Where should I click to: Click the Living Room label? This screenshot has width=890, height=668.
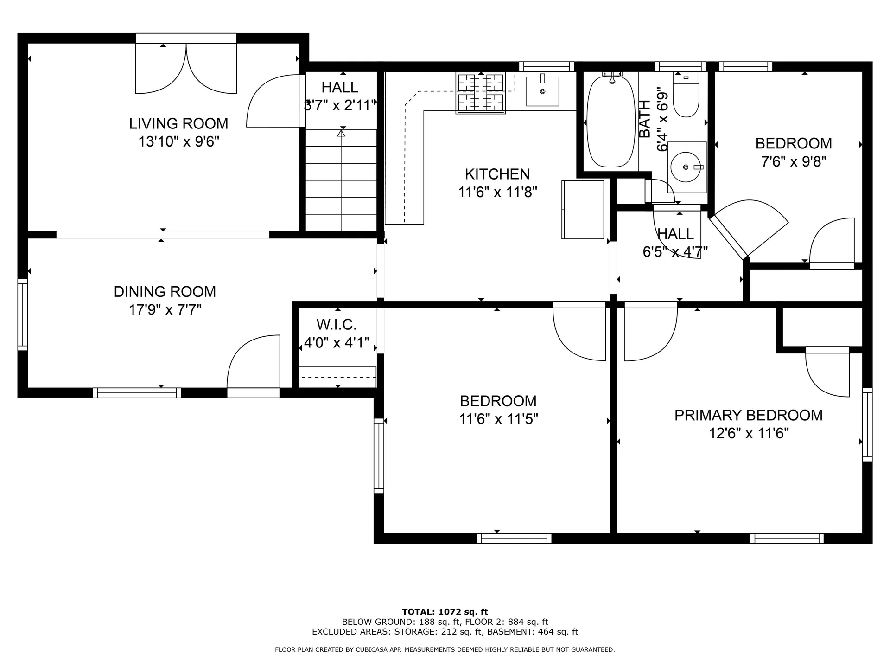(178, 124)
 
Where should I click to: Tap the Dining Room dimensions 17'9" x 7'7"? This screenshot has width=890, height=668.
(165, 309)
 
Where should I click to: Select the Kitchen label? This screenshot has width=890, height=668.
(497, 174)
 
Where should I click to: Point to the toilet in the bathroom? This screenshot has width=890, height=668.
(686, 95)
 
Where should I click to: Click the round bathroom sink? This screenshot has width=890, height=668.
(687, 167)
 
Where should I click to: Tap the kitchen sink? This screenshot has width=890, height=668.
(542, 91)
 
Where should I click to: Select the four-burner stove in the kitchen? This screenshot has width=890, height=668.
(481, 93)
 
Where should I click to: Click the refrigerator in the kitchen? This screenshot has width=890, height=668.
(583, 210)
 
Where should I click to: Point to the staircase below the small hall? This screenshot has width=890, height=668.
(341, 180)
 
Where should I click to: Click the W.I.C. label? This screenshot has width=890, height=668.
(337, 324)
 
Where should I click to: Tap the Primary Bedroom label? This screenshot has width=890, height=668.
(749, 415)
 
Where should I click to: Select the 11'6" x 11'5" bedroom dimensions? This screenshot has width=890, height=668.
(498, 419)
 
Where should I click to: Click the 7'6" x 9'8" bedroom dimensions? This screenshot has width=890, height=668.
(794, 162)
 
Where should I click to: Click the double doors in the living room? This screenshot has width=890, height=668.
(186, 69)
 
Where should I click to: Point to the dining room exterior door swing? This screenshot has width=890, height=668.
(254, 362)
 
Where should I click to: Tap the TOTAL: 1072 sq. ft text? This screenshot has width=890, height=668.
(445, 612)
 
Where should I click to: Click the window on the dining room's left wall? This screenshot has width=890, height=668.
(22, 314)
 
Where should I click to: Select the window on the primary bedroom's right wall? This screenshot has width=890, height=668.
(867, 424)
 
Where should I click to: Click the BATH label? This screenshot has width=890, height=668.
(645, 119)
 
